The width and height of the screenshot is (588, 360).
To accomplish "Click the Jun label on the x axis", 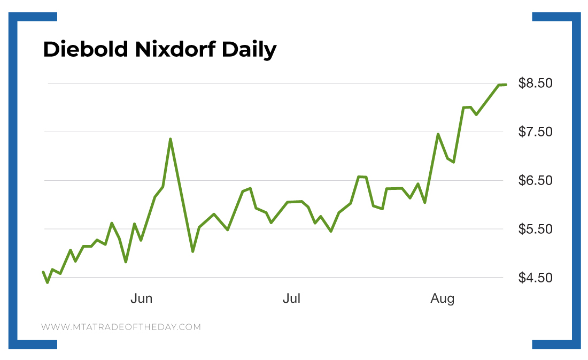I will (x=142, y=298).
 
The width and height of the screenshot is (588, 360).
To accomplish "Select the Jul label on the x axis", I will (x=291, y=298).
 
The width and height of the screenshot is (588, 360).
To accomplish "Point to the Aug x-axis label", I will (x=443, y=298).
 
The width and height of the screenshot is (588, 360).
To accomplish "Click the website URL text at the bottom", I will (x=121, y=327).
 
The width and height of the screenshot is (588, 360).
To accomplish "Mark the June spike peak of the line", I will (x=170, y=139).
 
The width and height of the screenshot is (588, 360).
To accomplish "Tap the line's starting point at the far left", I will (x=43, y=272).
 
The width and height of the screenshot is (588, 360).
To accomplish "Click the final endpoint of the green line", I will (x=505, y=85).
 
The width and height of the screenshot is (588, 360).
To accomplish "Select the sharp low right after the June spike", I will (x=192, y=251).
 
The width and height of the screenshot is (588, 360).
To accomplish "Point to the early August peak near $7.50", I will (x=438, y=134).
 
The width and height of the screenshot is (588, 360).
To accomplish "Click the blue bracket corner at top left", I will (x=21, y=17).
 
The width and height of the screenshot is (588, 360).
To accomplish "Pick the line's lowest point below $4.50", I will (x=48, y=282).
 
